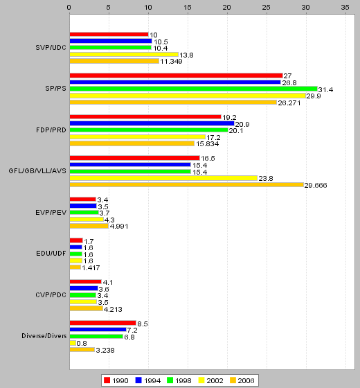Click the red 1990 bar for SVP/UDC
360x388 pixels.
point(109,35)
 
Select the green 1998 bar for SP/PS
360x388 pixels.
point(194,89)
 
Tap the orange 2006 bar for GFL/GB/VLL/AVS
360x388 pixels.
point(187,184)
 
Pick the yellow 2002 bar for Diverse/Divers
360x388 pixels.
point(73,343)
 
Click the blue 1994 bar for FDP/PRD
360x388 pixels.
point(152,123)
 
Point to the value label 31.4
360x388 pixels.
point(325,90)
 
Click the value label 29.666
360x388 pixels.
point(316,186)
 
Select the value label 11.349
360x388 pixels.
point(171,62)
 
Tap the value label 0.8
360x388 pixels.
point(82,344)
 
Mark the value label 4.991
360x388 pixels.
point(119,227)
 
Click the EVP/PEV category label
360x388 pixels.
point(51,213)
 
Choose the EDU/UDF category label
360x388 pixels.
point(51,254)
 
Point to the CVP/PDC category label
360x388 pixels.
point(51,295)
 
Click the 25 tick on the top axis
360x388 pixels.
point(267,8)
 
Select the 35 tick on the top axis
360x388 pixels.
point(345,8)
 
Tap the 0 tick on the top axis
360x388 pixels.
point(69,8)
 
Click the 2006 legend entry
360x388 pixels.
point(242,380)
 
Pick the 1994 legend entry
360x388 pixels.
point(148,380)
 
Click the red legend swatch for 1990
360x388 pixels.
point(107,380)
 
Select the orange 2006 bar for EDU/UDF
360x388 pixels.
point(75,267)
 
